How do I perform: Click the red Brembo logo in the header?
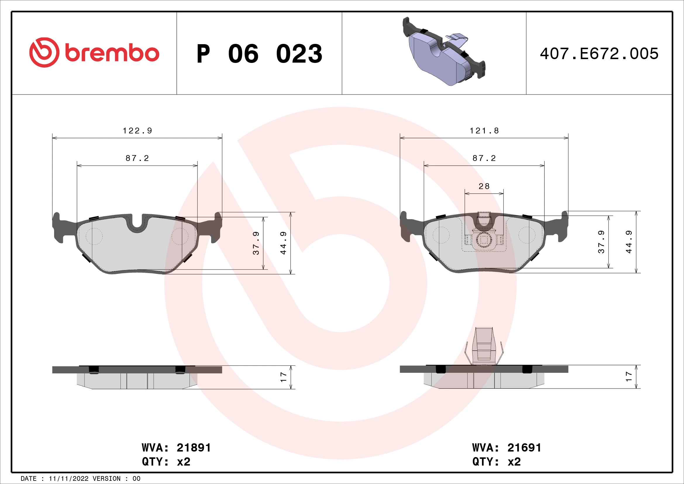point(94,52)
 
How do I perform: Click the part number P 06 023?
point(259,54)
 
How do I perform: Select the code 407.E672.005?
point(599,54)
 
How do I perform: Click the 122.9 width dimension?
point(137,131)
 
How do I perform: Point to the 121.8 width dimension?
point(484,131)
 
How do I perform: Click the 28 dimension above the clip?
point(484,186)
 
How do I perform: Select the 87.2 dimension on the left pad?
point(137,158)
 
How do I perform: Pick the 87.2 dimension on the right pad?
point(484,158)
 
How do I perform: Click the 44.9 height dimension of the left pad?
point(283,243)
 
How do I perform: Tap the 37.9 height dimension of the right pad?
point(601,242)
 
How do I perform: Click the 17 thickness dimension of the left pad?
point(283,377)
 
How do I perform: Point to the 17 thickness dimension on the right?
point(629,376)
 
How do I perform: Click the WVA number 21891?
point(194,448)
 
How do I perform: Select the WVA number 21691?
point(524,448)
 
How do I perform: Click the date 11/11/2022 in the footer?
point(68,479)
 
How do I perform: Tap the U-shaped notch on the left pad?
point(137,225)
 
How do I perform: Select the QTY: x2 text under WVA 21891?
point(166,462)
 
